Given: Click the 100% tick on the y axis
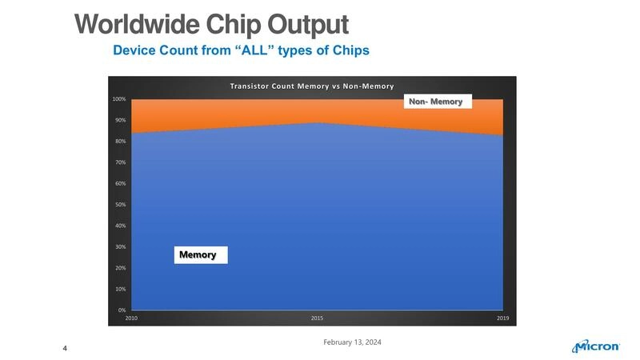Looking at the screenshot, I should (119, 99).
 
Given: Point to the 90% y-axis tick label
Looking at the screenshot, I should (120, 120).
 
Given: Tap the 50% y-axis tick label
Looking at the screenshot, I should (120, 205).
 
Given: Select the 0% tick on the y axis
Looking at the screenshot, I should (122, 310).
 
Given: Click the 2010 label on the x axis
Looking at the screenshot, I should (131, 318).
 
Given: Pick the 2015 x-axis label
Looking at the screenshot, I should (317, 318).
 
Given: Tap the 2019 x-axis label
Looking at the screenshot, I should (502, 318).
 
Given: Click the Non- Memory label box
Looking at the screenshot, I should (435, 102).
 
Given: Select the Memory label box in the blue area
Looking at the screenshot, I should (198, 254).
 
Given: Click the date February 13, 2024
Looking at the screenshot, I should (352, 342).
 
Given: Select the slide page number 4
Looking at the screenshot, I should (65, 348).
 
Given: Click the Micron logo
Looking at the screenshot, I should (596, 346).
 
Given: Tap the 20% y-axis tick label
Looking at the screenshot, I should (120, 267).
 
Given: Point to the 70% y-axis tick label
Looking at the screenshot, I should (120, 162).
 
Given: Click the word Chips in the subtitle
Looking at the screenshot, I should (350, 51).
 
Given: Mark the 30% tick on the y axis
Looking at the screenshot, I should (120, 246).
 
